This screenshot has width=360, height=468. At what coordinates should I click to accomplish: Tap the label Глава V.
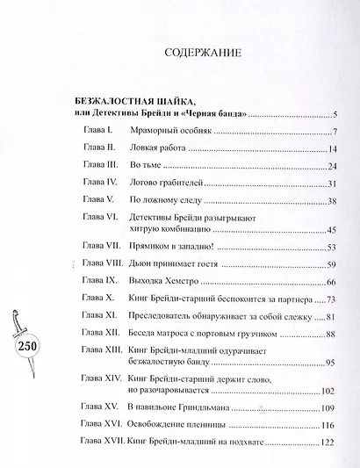[101, 201]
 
